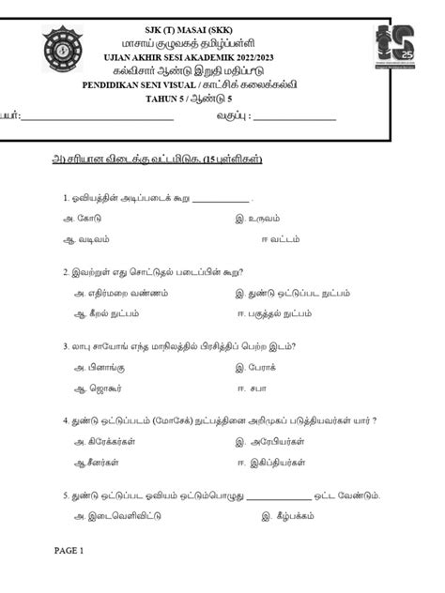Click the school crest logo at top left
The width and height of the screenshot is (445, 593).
click(x=64, y=54)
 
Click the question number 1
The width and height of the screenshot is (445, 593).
click(x=65, y=199)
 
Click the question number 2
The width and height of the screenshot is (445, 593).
click(x=65, y=273)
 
